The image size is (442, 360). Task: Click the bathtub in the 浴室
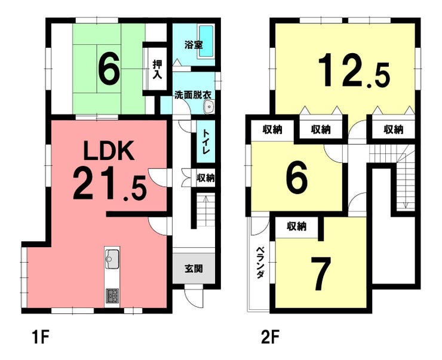206,41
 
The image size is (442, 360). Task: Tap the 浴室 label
194,45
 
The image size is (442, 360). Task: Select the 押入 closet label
157,69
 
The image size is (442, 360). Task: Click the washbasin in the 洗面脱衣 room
208,107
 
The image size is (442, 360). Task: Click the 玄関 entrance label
194,269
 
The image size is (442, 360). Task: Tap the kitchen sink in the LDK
112,259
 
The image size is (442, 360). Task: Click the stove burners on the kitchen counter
112,296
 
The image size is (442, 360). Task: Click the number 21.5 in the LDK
110,184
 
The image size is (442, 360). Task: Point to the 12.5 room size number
354,70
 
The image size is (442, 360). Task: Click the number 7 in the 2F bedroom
321,273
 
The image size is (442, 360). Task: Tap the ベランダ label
260,263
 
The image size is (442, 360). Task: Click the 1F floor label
41,337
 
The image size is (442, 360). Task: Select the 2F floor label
271,337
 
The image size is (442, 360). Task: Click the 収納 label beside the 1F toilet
206,178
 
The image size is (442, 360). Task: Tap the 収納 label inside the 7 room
296,226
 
